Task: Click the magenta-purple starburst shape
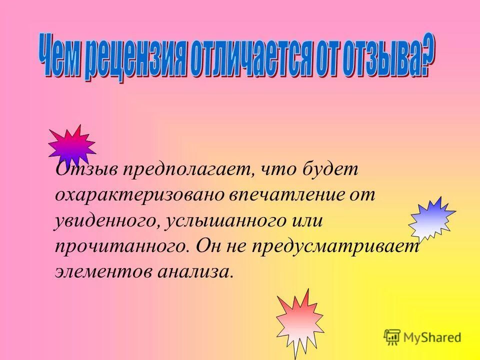click(71, 145)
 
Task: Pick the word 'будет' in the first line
click(330, 169)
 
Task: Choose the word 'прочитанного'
click(120, 245)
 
